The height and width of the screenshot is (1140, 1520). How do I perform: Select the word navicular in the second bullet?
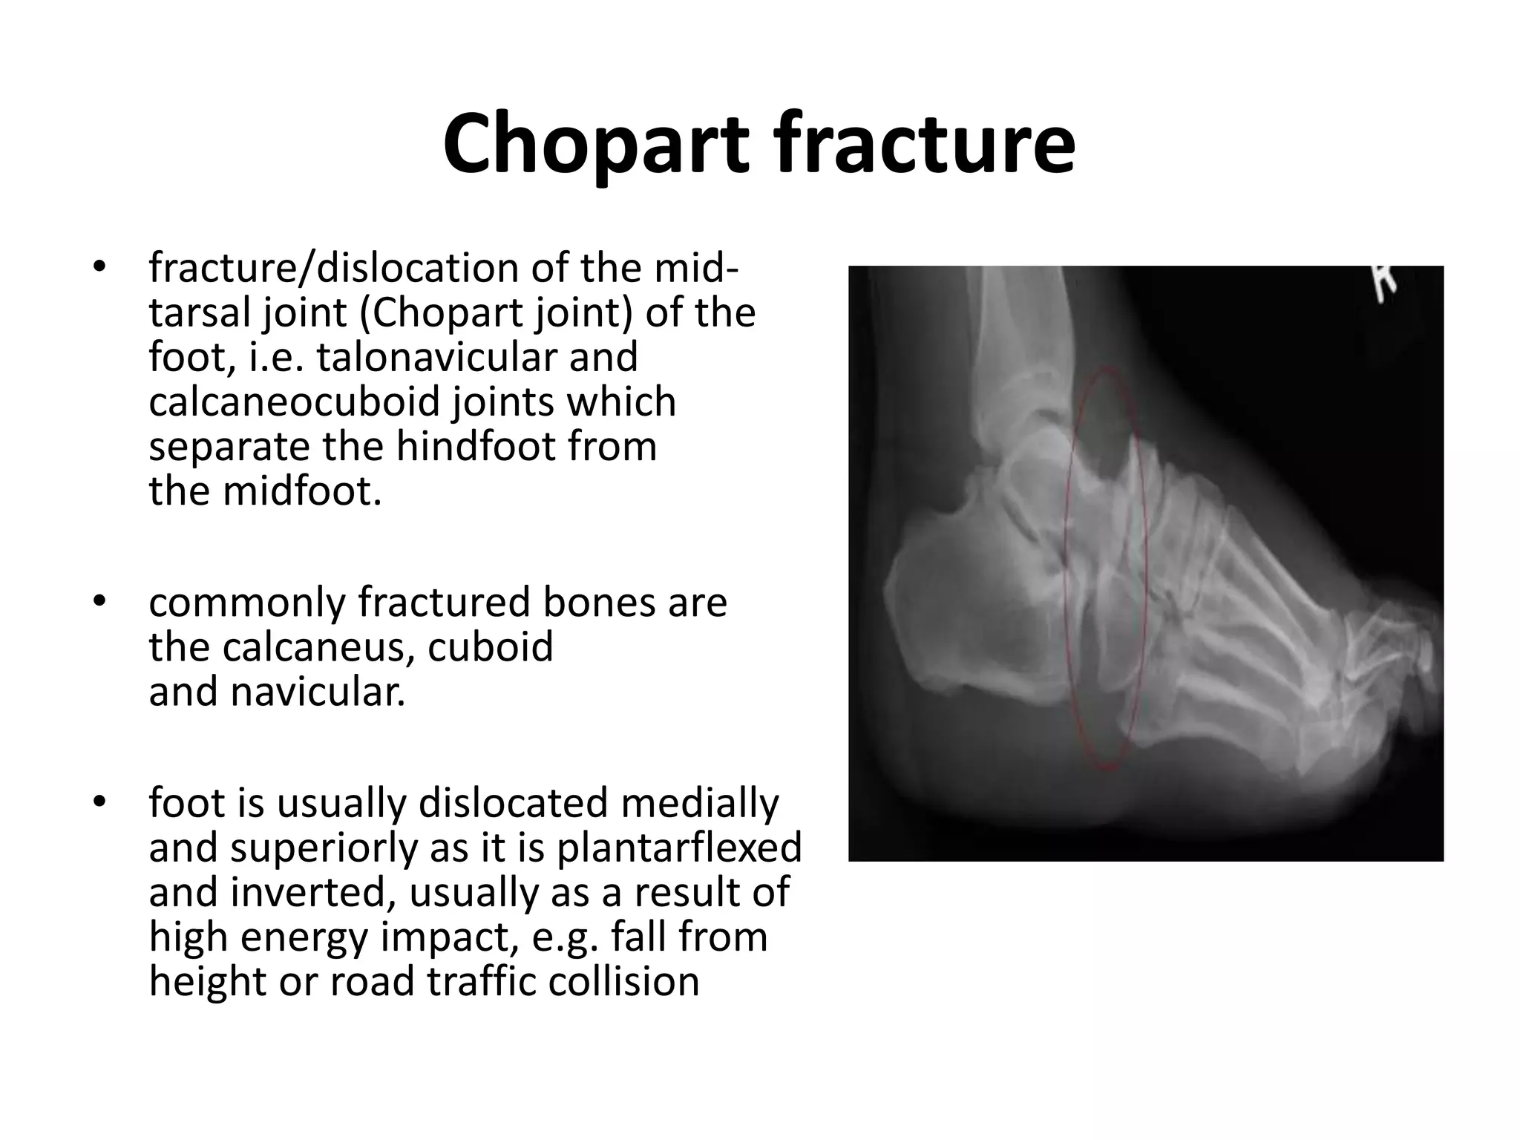point(318,692)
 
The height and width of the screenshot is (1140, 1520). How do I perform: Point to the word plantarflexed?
point(679,848)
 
